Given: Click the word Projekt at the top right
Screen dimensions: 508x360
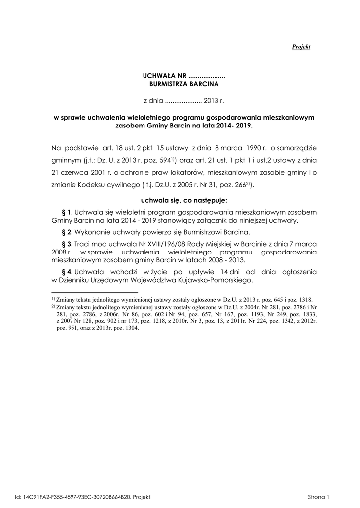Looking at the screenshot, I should (x=301, y=47).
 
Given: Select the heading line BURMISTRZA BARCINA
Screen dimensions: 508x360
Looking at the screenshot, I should (x=184, y=85).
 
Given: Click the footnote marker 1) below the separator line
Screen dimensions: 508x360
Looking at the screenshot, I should (x=53, y=299).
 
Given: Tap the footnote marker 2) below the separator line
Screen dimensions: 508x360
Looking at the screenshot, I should (x=53, y=307).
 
